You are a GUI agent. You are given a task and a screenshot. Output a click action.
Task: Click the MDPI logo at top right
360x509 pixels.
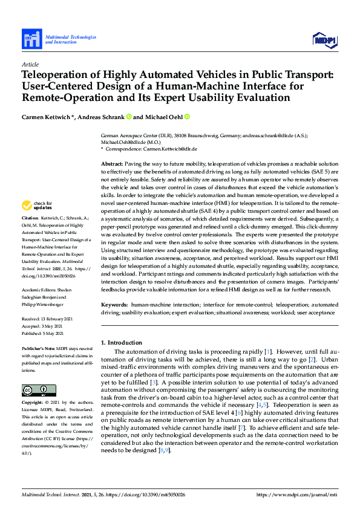click(324, 40)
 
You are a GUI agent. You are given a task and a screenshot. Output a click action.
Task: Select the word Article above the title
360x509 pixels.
click(30, 64)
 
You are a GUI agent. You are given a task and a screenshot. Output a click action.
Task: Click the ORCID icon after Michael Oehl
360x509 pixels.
click(188, 117)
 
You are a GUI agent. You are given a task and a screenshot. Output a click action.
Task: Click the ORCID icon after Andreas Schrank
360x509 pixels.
click(129, 117)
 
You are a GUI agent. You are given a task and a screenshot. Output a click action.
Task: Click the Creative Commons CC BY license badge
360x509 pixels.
click(38, 389)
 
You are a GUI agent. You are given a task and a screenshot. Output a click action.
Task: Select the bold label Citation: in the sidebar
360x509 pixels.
click(30, 216)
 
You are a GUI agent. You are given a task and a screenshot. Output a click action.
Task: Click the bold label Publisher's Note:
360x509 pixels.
click(38, 349)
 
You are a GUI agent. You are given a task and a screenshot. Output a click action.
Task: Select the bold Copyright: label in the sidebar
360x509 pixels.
click(33, 402)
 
